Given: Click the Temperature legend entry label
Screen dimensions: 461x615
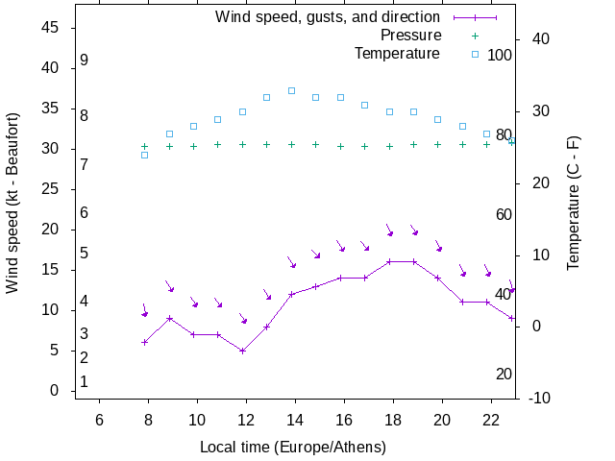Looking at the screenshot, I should tap(397, 54).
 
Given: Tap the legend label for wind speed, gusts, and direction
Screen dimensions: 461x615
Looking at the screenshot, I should tap(328, 17).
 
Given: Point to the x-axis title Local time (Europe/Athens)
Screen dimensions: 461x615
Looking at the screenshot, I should tap(293, 448).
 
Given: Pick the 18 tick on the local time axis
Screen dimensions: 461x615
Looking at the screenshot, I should tap(393, 420).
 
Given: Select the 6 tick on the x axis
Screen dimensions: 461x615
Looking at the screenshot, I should tap(99, 420).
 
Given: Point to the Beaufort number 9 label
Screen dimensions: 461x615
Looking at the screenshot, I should tap(85, 61).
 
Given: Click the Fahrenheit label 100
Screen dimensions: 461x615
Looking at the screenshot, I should tap(500, 55).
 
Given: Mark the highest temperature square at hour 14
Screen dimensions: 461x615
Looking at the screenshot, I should tap(291, 91).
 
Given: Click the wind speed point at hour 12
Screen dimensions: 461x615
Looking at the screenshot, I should tap(242, 351).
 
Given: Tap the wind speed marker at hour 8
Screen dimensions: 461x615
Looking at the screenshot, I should tap(144, 342).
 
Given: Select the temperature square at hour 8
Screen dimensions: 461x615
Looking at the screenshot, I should tap(144, 155).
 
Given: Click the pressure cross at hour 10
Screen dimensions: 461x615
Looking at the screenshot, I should tap(193, 146).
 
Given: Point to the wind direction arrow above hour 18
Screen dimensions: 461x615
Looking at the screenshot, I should tap(389, 230).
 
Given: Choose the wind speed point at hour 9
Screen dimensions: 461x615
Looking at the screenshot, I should tap(169, 318).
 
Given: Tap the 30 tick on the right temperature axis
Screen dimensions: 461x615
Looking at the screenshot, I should tap(535, 111).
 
